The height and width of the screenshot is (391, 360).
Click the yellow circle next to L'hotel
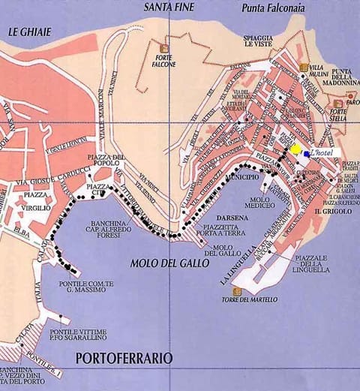tap(296, 149)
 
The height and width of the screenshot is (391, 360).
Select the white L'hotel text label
tap(325, 152)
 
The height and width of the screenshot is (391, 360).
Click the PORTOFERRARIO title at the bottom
tap(124, 358)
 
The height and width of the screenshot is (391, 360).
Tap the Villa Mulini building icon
tap(303, 68)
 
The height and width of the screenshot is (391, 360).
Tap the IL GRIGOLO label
tap(328, 212)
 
